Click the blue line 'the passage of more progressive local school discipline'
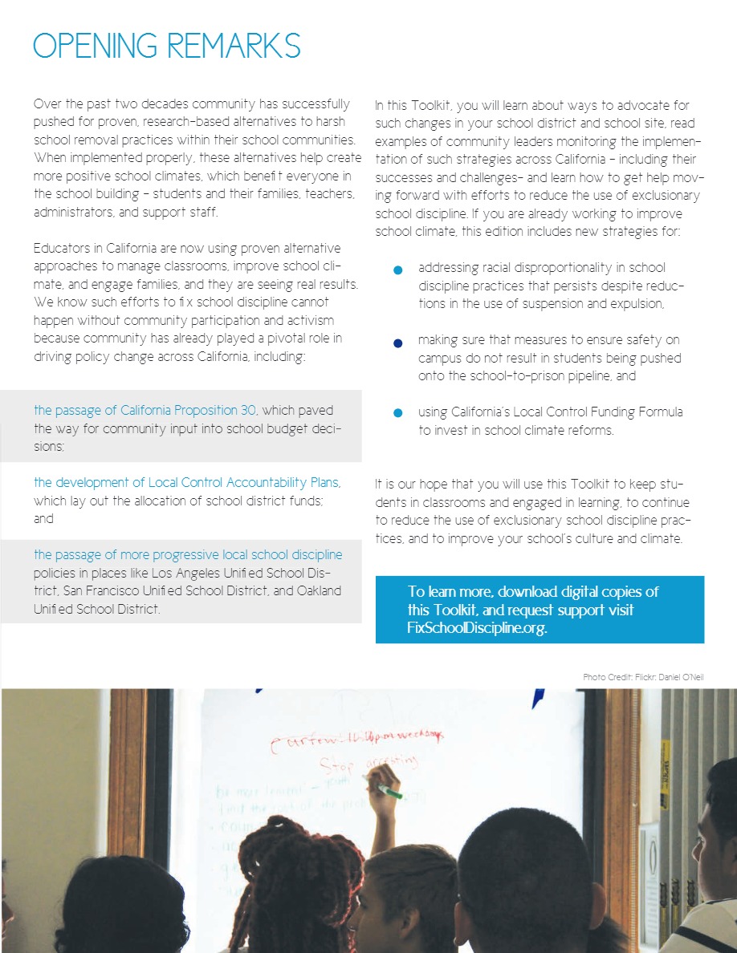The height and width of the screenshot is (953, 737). point(188,554)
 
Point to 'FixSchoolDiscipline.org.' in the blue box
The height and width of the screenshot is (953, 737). point(477,628)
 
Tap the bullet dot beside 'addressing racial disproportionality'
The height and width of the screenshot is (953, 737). point(397,270)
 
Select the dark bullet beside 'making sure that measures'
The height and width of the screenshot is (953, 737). point(397,343)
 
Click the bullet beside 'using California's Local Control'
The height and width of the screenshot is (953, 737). point(397,414)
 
